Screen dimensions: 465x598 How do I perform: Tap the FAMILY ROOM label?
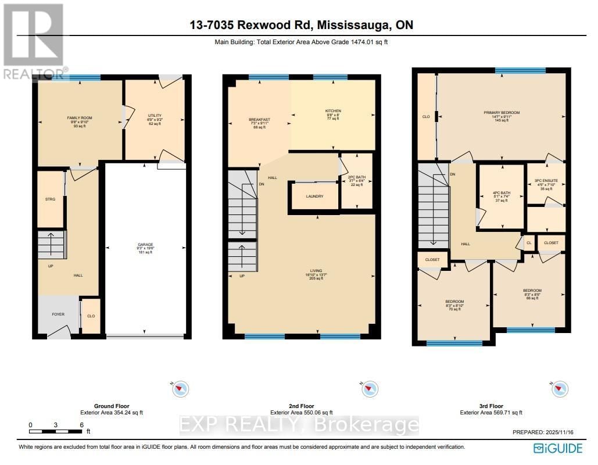tap(80, 118)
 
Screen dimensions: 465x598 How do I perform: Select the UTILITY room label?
tap(155, 116)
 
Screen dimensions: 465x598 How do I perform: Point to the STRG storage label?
tap(51, 199)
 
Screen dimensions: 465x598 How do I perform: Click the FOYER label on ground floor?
tap(58, 314)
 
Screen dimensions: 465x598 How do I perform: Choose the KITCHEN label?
tap(333, 110)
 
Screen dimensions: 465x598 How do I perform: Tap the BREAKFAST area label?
tap(259, 120)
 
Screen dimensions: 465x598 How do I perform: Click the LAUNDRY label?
tap(314, 196)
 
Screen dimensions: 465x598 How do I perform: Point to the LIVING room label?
tap(316, 270)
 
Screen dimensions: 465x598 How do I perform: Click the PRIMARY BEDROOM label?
tap(502, 112)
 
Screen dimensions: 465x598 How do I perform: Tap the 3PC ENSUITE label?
tap(546, 181)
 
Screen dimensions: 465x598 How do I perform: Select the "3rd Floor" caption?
tap(491, 406)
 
